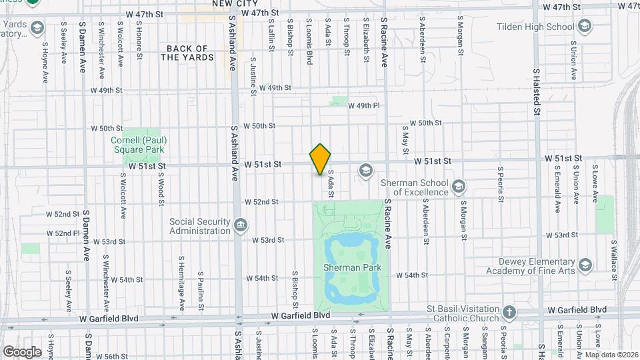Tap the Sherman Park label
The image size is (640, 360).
click(346, 267)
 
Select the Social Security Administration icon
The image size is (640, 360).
click(240, 225)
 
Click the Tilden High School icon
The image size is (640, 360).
click(585, 27)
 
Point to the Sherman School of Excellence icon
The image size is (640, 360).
click(458, 186)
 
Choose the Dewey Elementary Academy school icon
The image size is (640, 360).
click(585, 265)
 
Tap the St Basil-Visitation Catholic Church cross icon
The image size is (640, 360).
click(509, 312)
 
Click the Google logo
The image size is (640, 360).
click(21, 351)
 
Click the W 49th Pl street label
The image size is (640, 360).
click(364, 106)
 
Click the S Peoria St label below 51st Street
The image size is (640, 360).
click(500, 183)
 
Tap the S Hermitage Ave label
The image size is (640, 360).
click(181, 283)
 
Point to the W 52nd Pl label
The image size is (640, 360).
click(63, 233)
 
